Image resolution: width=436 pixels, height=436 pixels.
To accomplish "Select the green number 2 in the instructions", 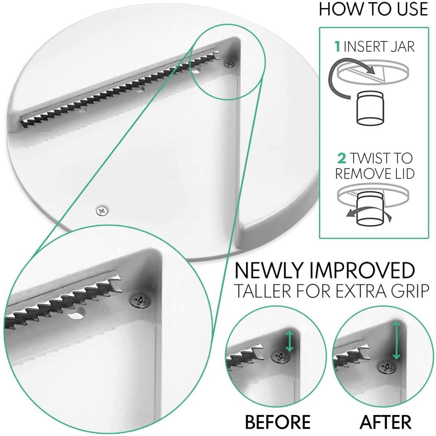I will pos(342,158).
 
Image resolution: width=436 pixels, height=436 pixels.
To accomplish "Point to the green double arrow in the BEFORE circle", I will pos(289,340).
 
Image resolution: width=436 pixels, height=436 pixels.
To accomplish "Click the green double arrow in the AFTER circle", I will pos(396,340).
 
